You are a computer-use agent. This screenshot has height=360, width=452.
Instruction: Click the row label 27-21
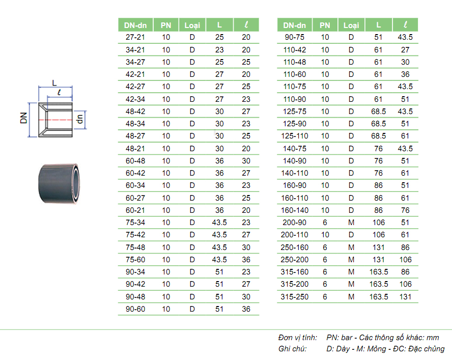pyautogui.click(x=135, y=37)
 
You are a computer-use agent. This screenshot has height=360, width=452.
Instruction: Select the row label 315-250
pyautogui.click(x=294, y=296)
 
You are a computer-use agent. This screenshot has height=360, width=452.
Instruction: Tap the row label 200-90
pyautogui.click(x=294, y=223)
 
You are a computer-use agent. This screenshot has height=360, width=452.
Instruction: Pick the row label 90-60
pyautogui.click(x=135, y=309)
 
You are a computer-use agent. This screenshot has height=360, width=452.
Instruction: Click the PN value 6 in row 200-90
pyautogui.click(x=325, y=223)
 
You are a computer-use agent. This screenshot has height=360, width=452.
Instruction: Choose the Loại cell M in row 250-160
pyautogui.click(x=351, y=247)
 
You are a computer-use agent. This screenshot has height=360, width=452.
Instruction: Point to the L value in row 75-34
pyautogui.click(x=219, y=223)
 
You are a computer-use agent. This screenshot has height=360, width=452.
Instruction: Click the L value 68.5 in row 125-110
pyautogui.click(x=378, y=136)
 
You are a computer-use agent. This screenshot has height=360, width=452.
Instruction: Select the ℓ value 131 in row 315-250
pyautogui.click(x=405, y=296)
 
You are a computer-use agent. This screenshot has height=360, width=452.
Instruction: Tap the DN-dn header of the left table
pyautogui.click(x=135, y=25)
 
